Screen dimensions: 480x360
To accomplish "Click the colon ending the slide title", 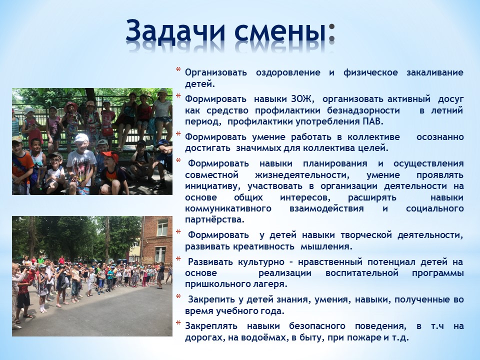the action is point(331,33).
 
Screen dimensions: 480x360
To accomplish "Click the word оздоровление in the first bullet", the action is point(288,73).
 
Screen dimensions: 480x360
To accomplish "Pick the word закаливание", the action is point(434,72).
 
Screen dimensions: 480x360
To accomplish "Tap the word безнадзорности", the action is point(363,110).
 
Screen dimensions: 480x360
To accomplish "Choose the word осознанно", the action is point(440,137).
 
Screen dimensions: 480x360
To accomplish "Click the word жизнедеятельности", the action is point(301,175).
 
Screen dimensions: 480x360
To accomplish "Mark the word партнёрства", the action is point(214,220).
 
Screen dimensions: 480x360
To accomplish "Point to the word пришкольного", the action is point(215,284).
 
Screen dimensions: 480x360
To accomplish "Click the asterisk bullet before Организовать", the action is point(178,70).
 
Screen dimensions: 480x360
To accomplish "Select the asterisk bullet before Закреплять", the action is point(178,323).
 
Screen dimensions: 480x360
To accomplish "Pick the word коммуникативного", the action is point(228,209).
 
